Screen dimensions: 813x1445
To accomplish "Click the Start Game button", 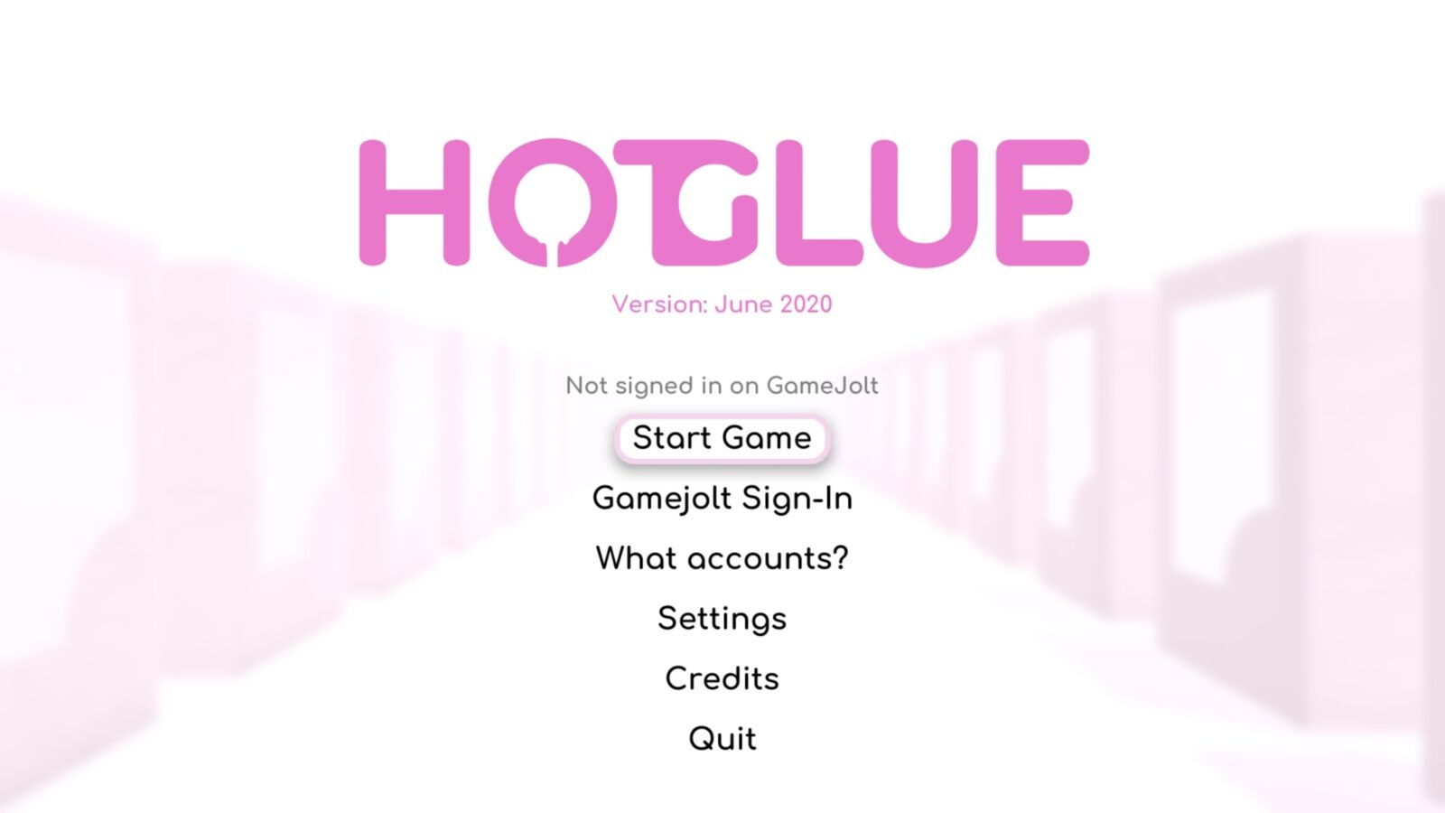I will pyautogui.click(x=722, y=438).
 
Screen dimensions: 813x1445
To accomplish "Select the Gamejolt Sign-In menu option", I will pyautogui.click(x=722, y=499).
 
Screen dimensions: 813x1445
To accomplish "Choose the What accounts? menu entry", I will pyautogui.click(x=722, y=558).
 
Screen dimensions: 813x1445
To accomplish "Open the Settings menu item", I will pyautogui.click(x=722, y=619).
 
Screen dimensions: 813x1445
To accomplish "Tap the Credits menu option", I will pyautogui.click(x=722, y=678).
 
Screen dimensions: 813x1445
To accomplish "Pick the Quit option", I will pyautogui.click(x=722, y=739).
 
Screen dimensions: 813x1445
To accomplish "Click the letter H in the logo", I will pyautogui.click(x=415, y=202).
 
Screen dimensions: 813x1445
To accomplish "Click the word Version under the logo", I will pyautogui.click(x=659, y=304).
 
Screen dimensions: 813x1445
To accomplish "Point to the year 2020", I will pyautogui.click(x=806, y=304).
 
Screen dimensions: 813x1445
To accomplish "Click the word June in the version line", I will pyautogui.click(x=742, y=304).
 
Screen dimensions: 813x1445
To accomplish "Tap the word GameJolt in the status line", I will pyautogui.click(x=822, y=386).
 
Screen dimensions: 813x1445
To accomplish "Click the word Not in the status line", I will pyautogui.click(x=586, y=386).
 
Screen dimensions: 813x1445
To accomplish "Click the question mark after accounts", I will pyautogui.click(x=840, y=558).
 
